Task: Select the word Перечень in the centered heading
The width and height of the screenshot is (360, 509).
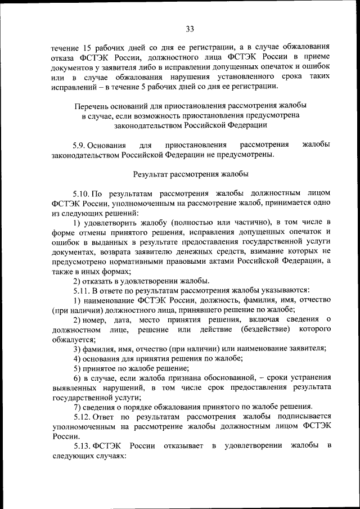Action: (91, 105)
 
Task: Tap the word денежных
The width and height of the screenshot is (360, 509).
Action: (226, 251)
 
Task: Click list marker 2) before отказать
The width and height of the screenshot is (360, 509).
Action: (78, 280)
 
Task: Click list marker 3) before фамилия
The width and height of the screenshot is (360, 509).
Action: (78, 348)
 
